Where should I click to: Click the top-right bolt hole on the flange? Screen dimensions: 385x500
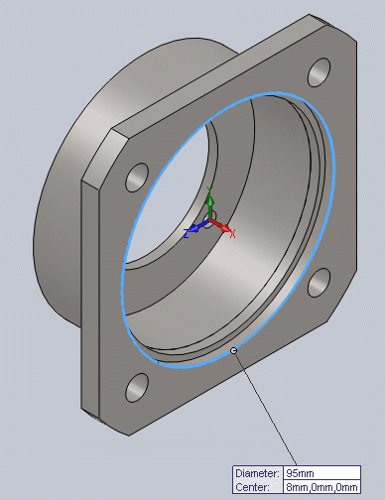tap(319, 72)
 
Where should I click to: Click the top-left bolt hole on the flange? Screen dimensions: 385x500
tap(137, 178)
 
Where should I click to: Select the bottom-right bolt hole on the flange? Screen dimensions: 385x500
tap(319, 283)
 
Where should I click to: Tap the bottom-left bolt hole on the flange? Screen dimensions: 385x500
tap(137, 388)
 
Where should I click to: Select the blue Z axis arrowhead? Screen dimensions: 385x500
tap(194, 228)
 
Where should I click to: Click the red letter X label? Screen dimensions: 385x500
tap(232, 234)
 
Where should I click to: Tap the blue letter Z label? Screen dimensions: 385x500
tap(187, 234)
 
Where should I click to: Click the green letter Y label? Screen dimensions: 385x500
tap(209, 190)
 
